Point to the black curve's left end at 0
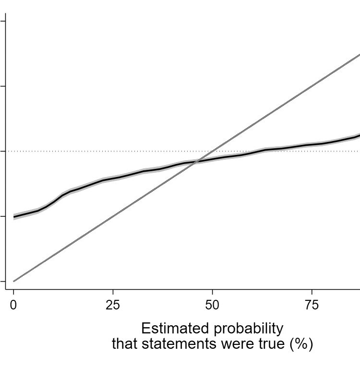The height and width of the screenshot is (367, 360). pos(14,217)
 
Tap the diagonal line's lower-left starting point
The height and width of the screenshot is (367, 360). pos(14,281)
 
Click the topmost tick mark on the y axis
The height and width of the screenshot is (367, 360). pos(3,21)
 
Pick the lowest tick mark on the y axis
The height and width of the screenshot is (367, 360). pos(3,281)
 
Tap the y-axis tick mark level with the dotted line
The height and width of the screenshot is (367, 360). pos(3,151)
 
